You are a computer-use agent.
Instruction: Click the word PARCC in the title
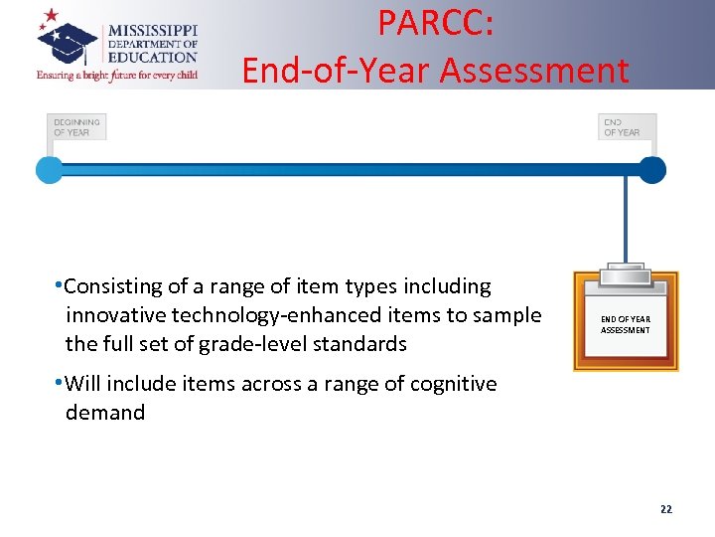click(436, 25)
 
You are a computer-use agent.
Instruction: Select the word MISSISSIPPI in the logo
click(152, 31)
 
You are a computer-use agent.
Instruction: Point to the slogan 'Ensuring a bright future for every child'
click(117, 75)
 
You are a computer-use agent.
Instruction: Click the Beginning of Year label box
click(76, 127)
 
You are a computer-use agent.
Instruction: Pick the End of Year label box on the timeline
click(627, 127)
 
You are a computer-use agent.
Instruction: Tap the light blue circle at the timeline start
click(49, 170)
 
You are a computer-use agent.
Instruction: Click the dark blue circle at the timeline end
click(651, 170)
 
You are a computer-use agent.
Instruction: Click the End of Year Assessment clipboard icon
click(626, 321)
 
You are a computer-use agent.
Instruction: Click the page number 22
click(665, 509)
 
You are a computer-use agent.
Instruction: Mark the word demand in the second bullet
click(105, 413)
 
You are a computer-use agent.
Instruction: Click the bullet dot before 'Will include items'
click(60, 383)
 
